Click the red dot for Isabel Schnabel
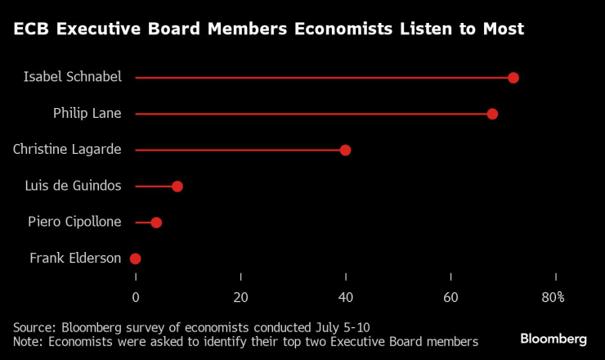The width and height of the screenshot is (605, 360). point(513,78)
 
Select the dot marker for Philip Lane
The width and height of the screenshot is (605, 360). point(492,114)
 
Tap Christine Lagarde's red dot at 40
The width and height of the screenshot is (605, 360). point(345,150)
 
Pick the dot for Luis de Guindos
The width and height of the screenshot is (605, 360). point(177,186)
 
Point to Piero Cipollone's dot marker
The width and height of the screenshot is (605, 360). point(156,223)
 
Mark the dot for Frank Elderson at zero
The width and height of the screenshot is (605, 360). point(136,259)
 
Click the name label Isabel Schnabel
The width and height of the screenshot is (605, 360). point(72,77)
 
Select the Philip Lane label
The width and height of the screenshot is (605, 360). point(87,113)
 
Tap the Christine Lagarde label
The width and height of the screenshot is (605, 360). point(67,149)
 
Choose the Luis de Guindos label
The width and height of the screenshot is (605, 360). point(74,186)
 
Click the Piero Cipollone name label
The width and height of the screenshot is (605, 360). point(74,222)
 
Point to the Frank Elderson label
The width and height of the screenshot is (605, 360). point(75,259)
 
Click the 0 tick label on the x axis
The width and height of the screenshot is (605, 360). point(136,297)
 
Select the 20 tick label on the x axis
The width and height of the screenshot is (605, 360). point(240,297)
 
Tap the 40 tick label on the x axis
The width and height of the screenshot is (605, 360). point(346,297)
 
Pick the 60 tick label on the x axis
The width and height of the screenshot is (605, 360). point(450,297)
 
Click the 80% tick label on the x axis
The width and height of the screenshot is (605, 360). point(553,297)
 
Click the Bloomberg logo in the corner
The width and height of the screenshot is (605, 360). point(553,339)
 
